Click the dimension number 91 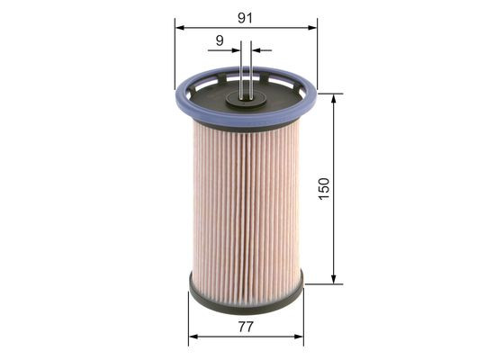pos(245,16)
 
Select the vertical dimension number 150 pos(324,188)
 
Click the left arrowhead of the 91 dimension pos(179,28)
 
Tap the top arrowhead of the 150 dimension pos(334,98)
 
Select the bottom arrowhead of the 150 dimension pos(334,279)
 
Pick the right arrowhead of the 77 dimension pos(299,337)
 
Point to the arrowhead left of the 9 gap pos(236,50)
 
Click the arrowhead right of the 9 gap pos(256,50)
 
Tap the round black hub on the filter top pos(246,96)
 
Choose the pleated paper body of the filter pos(246,198)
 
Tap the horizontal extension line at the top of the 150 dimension pos(328,93)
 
